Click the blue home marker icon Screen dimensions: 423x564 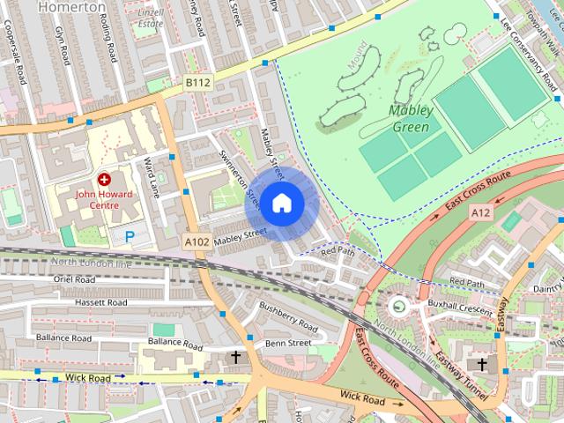[x=280, y=204]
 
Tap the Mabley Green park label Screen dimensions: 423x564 [x=411, y=119]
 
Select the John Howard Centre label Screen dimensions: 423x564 [x=104, y=199]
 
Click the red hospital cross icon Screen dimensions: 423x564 [x=104, y=179]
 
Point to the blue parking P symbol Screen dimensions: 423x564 [x=130, y=235]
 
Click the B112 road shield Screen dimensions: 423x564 [x=198, y=82]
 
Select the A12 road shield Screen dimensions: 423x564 [x=480, y=212]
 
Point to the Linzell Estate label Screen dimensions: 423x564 [x=152, y=18]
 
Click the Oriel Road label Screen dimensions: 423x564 [x=74, y=279]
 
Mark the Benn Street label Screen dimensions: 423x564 [x=288, y=342]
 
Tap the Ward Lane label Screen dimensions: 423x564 [x=152, y=177]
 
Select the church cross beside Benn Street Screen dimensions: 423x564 [x=235, y=357]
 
